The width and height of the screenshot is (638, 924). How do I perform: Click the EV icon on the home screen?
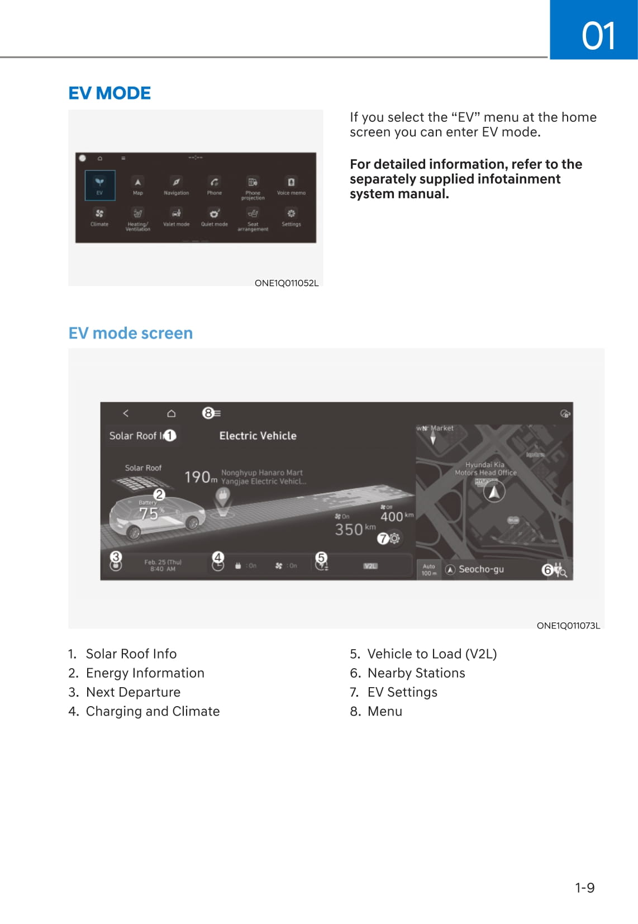pos(99,185)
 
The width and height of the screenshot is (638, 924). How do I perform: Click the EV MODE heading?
pos(109,93)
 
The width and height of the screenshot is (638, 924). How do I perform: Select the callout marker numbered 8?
pos(208,413)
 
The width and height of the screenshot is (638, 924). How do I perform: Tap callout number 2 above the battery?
pos(159,494)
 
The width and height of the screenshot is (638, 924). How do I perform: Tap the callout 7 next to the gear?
pos(383,539)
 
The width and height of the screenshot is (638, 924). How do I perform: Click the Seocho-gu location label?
pos(480,569)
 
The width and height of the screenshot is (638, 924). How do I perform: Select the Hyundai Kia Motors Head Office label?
pos(485,469)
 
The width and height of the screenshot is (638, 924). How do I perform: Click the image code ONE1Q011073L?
pos(568,626)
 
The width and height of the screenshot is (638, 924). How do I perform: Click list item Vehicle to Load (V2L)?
pos(431,654)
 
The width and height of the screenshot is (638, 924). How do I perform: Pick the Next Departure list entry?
pos(133,692)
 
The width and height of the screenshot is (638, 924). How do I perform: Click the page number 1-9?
pos(584,888)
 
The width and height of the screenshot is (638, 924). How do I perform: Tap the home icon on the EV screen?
pos(172,413)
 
